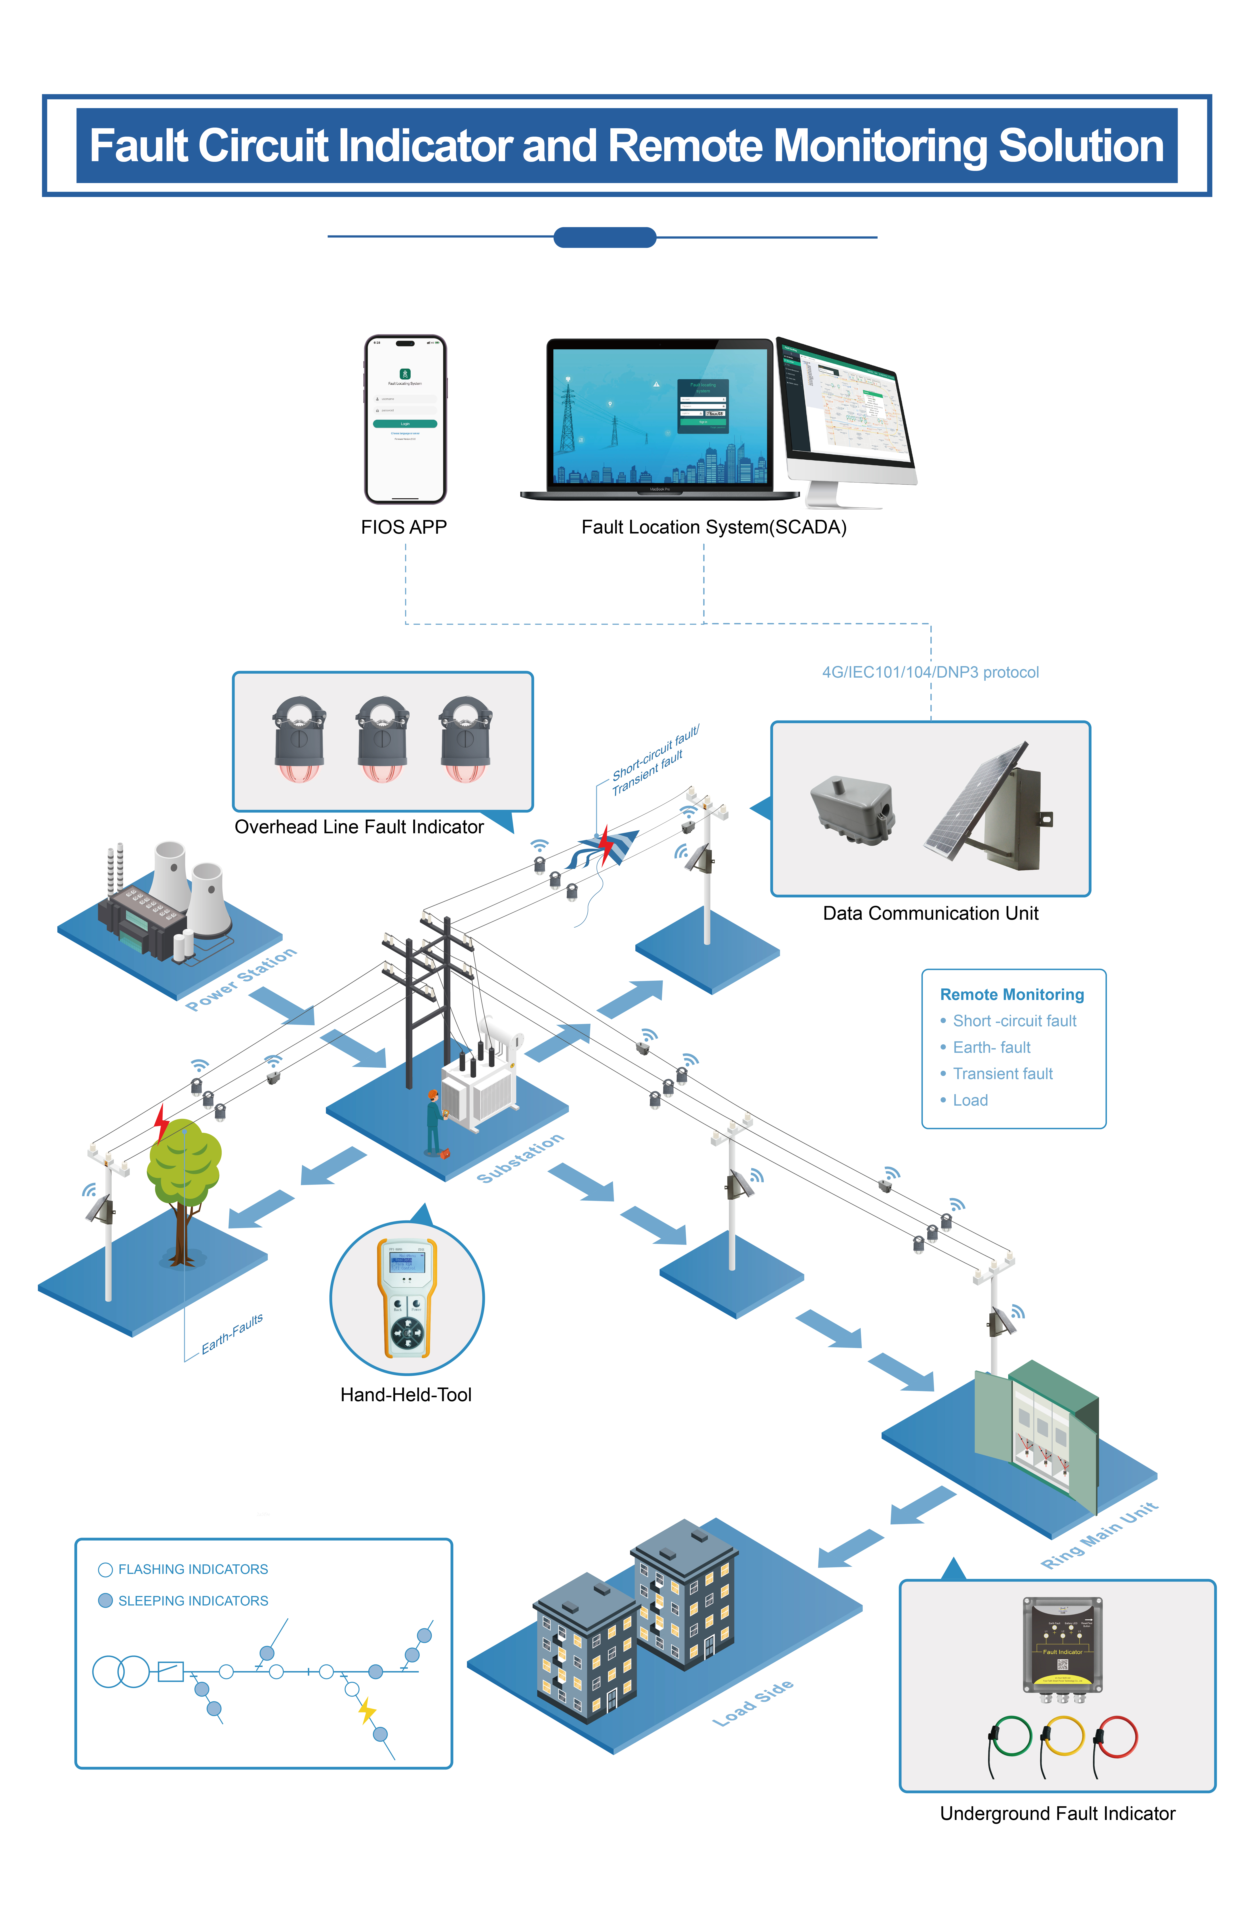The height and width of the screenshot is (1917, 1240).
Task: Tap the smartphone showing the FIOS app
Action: [405, 419]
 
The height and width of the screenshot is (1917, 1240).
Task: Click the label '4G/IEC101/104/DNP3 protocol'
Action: [930, 673]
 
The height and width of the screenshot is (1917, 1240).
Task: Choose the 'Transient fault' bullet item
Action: [1002, 1074]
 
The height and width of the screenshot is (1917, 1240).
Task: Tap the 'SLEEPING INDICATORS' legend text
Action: [193, 1600]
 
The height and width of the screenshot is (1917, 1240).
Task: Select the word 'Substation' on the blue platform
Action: [520, 1158]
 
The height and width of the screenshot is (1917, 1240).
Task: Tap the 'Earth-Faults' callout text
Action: [232, 1334]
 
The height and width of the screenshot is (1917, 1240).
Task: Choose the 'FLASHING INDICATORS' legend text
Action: [193, 1569]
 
